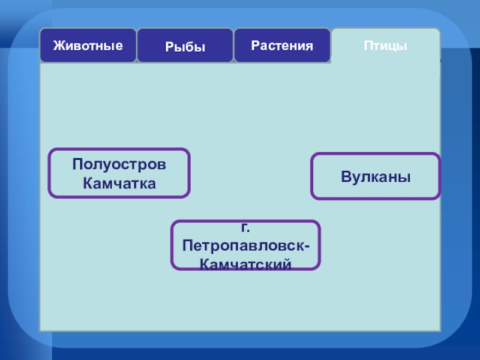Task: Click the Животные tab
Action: (x=88, y=45)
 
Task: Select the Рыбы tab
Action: (x=185, y=46)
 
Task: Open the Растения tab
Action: (x=282, y=45)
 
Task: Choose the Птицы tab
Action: (x=385, y=46)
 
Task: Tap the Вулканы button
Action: (x=376, y=177)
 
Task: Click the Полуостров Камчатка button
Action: (x=119, y=173)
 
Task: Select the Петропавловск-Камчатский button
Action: (x=245, y=245)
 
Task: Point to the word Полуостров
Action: (x=119, y=164)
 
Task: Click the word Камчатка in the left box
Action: (x=119, y=183)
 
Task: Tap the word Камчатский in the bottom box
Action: (x=245, y=264)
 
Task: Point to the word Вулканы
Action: (x=376, y=177)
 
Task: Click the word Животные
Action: (x=88, y=45)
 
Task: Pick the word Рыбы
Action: (x=185, y=46)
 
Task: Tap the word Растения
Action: (x=282, y=45)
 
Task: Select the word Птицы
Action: (x=385, y=46)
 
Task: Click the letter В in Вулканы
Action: (x=346, y=177)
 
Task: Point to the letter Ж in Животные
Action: (x=58, y=45)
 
